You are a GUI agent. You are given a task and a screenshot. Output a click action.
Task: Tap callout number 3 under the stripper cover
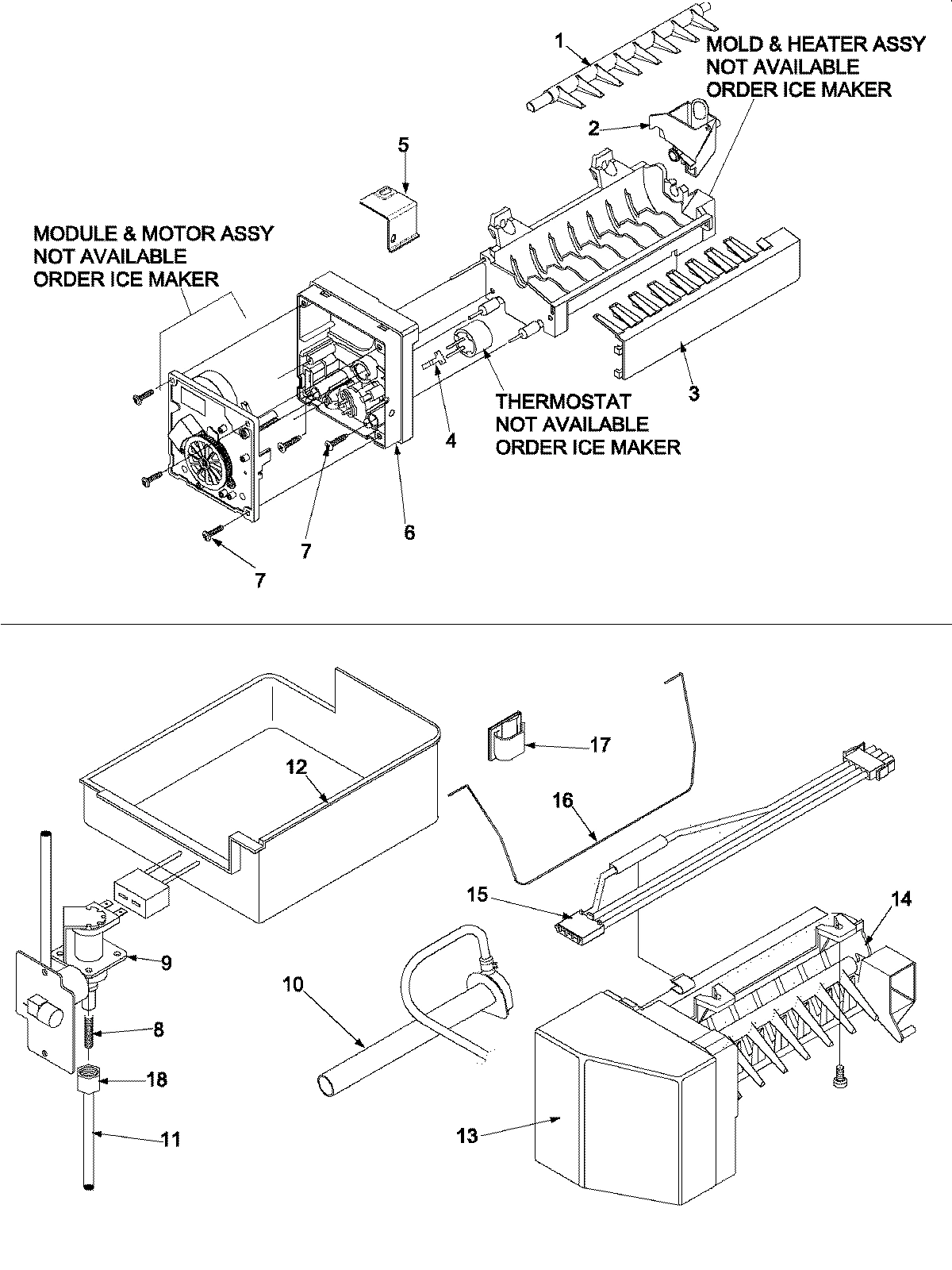point(693,392)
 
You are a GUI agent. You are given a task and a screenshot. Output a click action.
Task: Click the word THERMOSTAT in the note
point(564,402)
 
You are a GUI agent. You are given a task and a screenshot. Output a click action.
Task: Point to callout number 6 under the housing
point(409,532)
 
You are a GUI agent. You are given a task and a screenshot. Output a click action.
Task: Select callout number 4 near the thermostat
point(450,441)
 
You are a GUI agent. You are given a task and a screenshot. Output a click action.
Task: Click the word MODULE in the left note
point(71,233)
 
